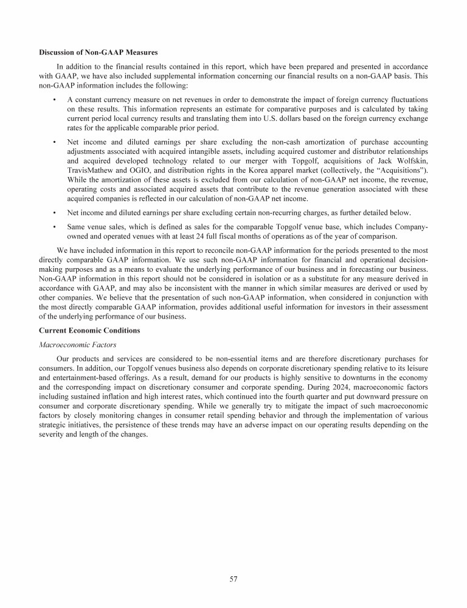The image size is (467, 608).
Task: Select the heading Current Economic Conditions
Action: (89, 330)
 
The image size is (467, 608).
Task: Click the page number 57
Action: (233, 579)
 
